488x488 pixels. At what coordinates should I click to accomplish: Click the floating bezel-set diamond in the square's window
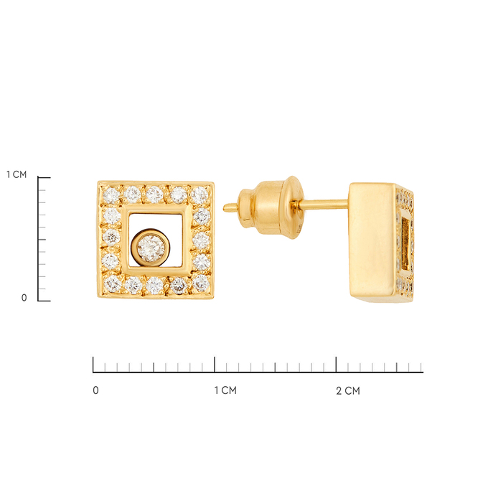(151, 248)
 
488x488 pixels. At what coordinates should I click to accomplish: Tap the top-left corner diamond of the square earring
(111, 195)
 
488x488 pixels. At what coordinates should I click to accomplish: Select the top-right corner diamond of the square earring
(200, 195)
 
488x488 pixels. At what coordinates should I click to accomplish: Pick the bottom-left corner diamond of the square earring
(113, 282)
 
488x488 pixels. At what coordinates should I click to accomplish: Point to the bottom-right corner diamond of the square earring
(201, 283)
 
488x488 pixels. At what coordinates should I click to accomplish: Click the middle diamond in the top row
(154, 194)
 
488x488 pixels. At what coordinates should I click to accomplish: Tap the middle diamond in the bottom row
(155, 285)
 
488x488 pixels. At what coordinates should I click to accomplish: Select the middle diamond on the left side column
(111, 237)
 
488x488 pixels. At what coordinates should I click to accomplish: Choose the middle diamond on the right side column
(202, 240)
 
